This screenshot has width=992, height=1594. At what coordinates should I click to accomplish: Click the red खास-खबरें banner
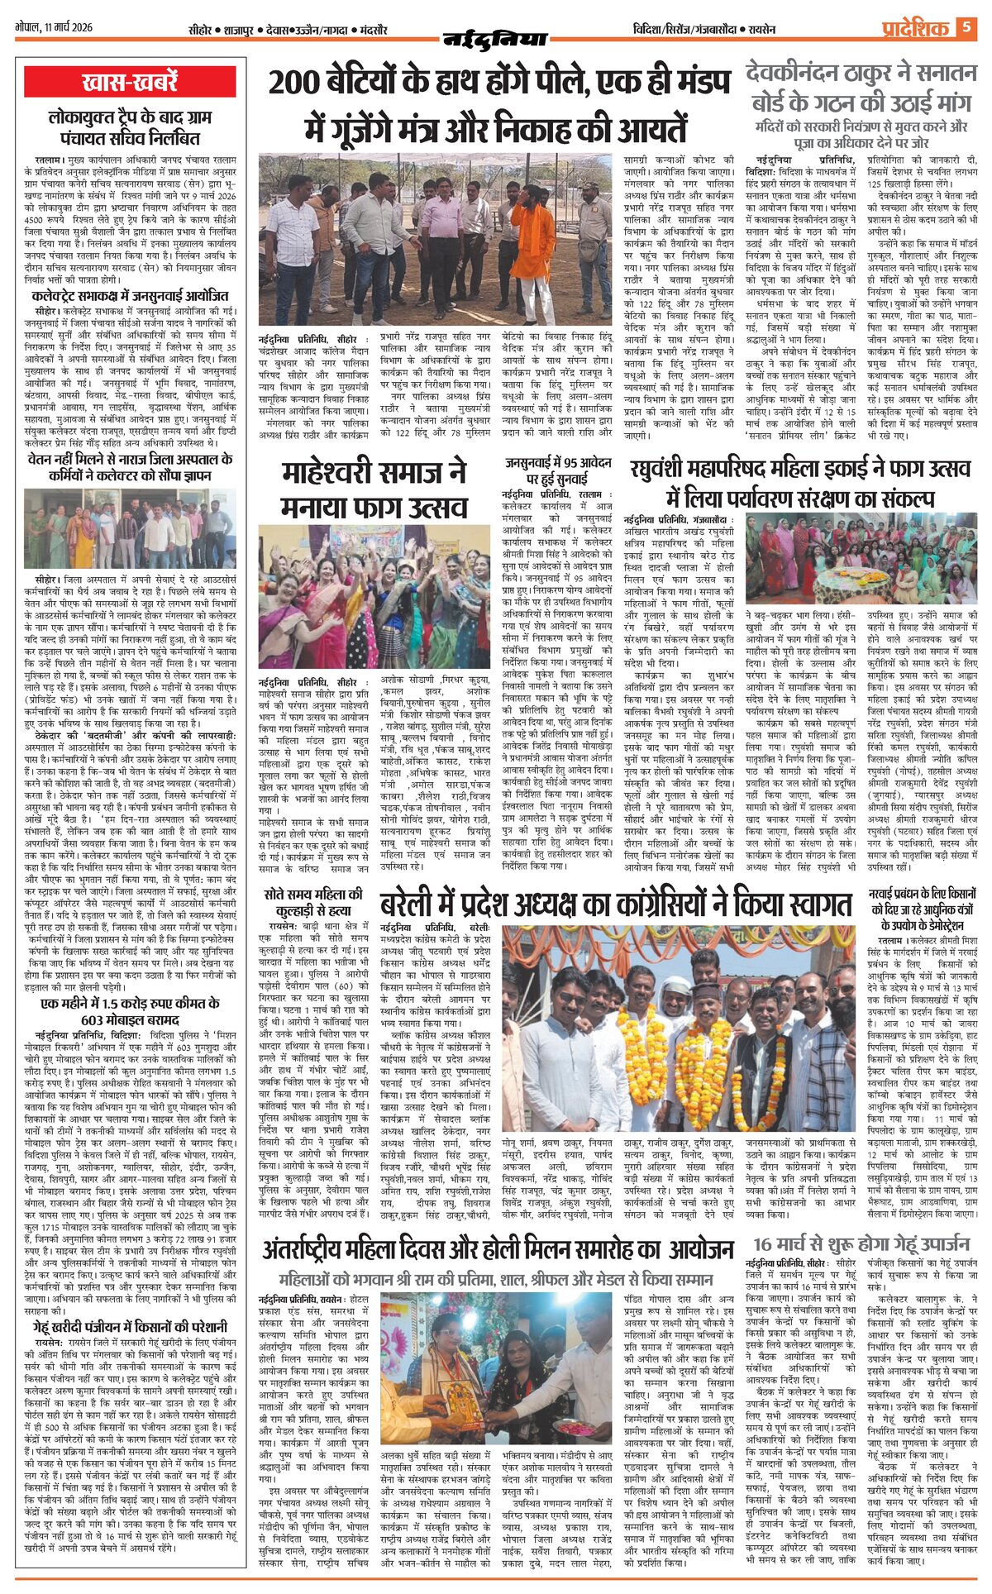(x=130, y=84)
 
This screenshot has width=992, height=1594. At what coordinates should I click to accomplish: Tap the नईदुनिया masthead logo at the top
(x=495, y=38)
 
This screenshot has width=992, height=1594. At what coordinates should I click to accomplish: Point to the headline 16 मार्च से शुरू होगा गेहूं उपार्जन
(x=861, y=1245)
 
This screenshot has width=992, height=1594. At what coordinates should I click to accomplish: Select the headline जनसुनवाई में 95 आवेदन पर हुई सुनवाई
(x=558, y=470)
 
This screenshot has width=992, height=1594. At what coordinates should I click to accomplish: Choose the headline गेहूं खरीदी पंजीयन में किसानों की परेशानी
(x=130, y=1327)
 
